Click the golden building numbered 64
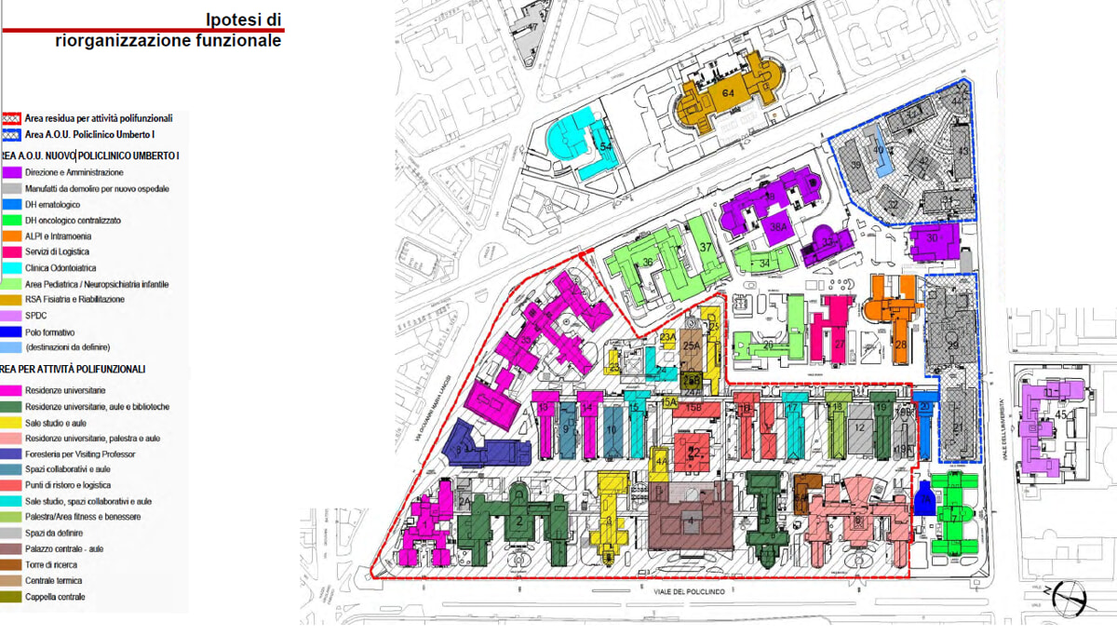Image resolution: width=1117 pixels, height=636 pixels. (x=729, y=96)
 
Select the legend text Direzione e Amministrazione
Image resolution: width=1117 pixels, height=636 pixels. (x=74, y=173)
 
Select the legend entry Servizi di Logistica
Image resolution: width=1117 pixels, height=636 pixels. (x=62, y=252)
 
